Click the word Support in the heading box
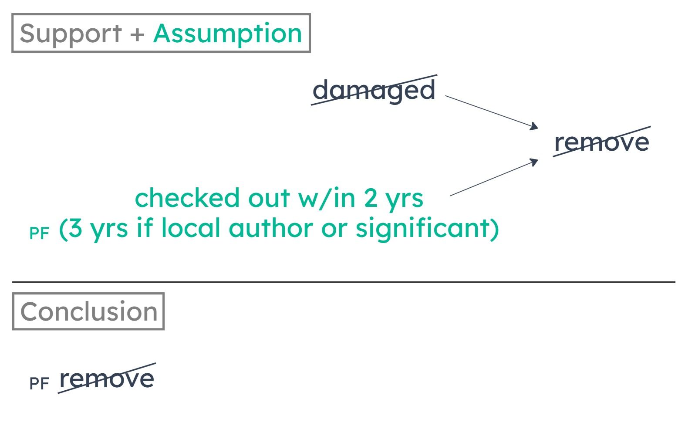pos(71,34)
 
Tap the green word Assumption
pos(228,34)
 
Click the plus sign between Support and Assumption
pos(137,34)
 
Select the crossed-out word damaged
pos(374,90)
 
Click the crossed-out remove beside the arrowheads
pos(602,142)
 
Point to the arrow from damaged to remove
pos(492,112)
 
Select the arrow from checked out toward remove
pos(494,177)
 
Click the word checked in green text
pos(187,198)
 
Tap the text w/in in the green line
pos(327,198)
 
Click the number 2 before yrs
pos(371,198)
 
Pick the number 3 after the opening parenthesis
pos(75,228)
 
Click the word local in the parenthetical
pos(190,228)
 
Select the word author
pos(271,228)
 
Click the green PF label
pos(39,233)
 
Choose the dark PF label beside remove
pos(39,383)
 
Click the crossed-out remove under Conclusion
pos(107,379)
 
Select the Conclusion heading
pos(89,311)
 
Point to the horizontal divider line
pos(344,282)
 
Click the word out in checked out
pos(269,198)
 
